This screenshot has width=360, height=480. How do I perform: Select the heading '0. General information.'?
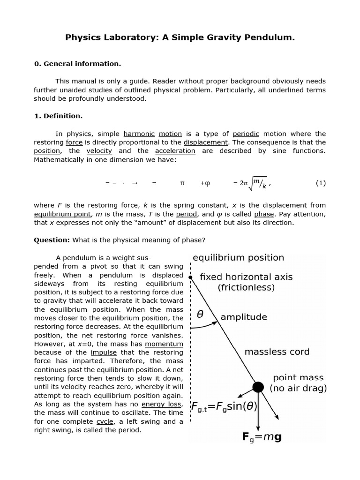click(x=77, y=64)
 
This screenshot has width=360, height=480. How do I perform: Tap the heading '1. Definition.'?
click(x=58, y=116)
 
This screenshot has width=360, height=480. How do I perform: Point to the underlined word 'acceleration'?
click(x=175, y=151)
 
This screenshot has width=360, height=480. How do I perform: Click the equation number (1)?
click(x=320, y=183)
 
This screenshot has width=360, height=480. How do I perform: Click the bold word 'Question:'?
click(x=52, y=240)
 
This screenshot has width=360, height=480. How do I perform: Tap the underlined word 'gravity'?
click(x=55, y=301)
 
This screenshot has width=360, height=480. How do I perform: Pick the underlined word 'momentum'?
click(x=164, y=344)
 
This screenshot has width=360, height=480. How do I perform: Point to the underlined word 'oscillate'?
click(x=135, y=412)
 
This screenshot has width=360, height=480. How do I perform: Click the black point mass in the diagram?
click(x=258, y=387)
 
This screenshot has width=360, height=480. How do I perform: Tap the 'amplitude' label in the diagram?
click(x=244, y=317)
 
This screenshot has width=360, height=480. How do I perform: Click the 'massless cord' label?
click(x=277, y=352)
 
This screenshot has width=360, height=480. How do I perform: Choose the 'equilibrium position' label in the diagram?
click(x=238, y=258)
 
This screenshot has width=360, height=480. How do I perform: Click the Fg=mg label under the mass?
click(x=262, y=437)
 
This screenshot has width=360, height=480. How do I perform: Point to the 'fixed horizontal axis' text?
click(x=246, y=277)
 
